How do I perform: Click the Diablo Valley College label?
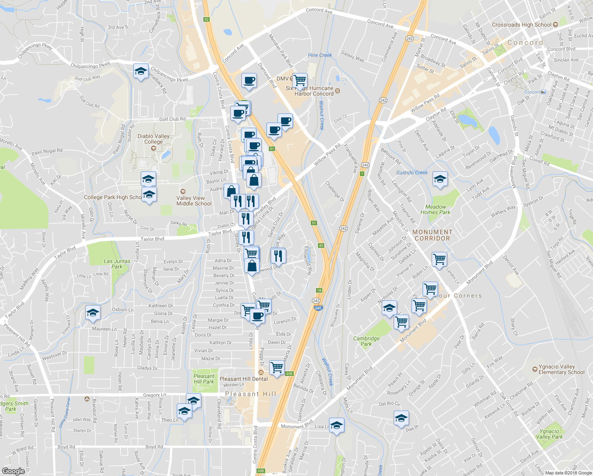[153, 139]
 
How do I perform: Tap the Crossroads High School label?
[522, 25]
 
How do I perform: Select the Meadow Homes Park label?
[435, 209]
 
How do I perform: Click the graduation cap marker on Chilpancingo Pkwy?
[141, 71]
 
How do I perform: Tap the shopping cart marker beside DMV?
[300, 81]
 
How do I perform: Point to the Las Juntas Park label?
[117, 264]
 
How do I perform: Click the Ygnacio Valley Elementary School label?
[561, 370]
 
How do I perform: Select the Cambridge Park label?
[366, 341]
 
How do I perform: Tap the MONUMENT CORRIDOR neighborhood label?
[432, 235]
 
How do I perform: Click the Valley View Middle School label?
[194, 201]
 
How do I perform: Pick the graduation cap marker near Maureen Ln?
[93, 313]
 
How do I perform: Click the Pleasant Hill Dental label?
[243, 379]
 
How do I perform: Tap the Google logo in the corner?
[13, 471]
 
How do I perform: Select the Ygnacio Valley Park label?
[549, 434]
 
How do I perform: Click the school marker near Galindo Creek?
[440, 180]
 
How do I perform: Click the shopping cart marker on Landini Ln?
[439, 260]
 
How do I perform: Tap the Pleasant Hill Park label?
[204, 379]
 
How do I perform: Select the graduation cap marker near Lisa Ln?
[337, 426]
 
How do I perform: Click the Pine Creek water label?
[320, 55]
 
